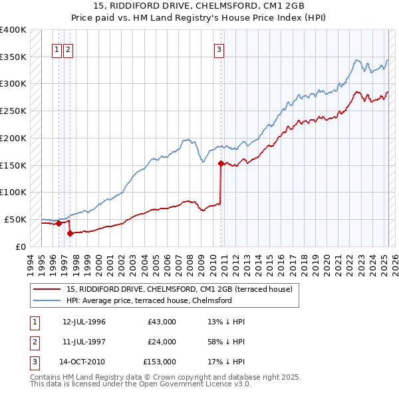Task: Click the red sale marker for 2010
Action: click(x=221, y=163)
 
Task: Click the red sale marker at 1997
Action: click(x=69, y=233)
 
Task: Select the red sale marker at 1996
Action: click(x=59, y=223)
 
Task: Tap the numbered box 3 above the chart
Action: click(x=219, y=48)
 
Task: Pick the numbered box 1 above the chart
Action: click(x=57, y=48)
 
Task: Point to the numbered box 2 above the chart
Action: click(x=68, y=48)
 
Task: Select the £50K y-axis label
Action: click(x=15, y=219)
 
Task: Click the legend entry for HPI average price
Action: click(x=149, y=300)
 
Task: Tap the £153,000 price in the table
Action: click(x=160, y=362)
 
